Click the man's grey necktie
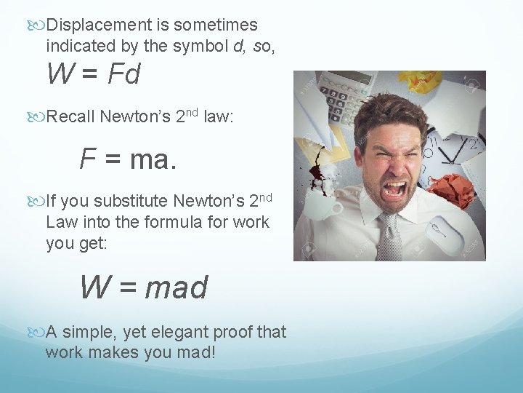pyautogui.click(x=391, y=237)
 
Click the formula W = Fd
pyautogui.click(x=93, y=75)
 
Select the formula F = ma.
pyautogui.click(x=128, y=159)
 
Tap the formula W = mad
pyautogui.click(x=143, y=287)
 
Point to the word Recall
pyautogui.click(x=71, y=116)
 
